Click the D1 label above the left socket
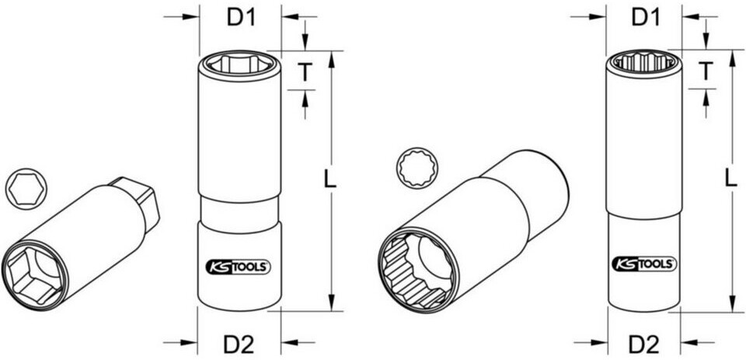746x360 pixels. (241, 18)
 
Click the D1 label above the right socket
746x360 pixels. (646, 18)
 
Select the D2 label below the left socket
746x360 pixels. (239, 344)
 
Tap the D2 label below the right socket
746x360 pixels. (644, 344)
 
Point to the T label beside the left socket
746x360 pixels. (305, 72)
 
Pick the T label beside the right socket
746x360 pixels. (706, 72)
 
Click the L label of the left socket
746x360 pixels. (329, 179)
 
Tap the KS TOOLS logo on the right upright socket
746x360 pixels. (644, 263)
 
